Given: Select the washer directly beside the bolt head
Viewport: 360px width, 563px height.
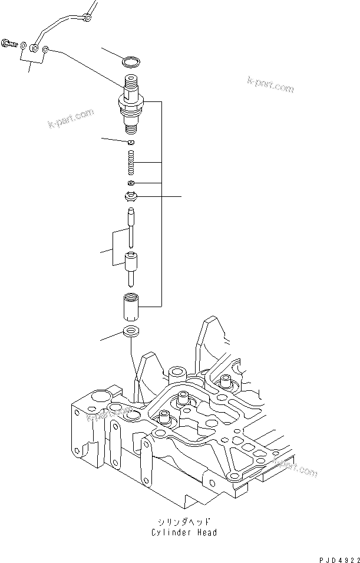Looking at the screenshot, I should pyautogui.click(x=22, y=45).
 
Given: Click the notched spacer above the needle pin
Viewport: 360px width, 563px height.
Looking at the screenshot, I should pyautogui.click(x=131, y=197).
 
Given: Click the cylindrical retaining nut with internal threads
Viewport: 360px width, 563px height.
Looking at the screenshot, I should pyautogui.click(x=131, y=307).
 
